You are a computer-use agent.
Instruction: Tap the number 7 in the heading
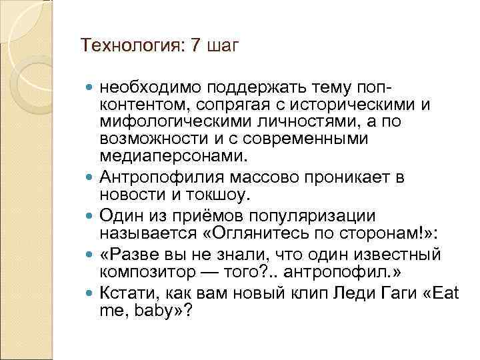[x=195, y=45]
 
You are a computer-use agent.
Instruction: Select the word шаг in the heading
[x=223, y=47]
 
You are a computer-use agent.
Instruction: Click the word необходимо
[x=149, y=88]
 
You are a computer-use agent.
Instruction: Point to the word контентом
[x=139, y=105]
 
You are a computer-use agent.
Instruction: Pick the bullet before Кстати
[x=91, y=293]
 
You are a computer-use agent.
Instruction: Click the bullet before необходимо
[x=91, y=88]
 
